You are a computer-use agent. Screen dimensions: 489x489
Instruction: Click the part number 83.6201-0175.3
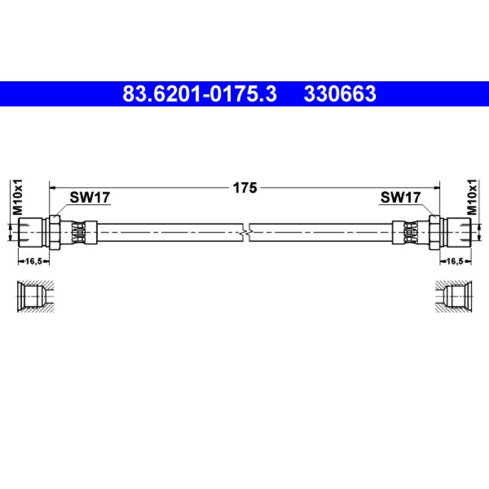pyautogui.click(x=200, y=94)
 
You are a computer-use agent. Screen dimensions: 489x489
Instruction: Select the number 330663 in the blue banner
pyautogui.click(x=340, y=94)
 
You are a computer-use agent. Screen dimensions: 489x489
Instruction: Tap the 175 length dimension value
pyautogui.click(x=245, y=188)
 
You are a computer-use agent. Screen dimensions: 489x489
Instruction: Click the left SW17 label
pyautogui.click(x=90, y=197)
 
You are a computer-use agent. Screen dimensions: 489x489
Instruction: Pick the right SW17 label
pyautogui.click(x=400, y=197)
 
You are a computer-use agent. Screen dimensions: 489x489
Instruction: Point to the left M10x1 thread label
pyautogui.click(x=18, y=197)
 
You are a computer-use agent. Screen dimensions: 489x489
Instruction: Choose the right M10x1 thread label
pyautogui.click(x=472, y=197)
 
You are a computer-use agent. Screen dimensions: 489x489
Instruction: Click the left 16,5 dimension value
pyautogui.click(x=34, y=262)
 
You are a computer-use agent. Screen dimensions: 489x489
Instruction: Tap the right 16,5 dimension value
pyautogui.click(x=455, y=262)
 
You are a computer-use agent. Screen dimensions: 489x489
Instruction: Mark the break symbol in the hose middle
pyautogui.click(x=246, y=232)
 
